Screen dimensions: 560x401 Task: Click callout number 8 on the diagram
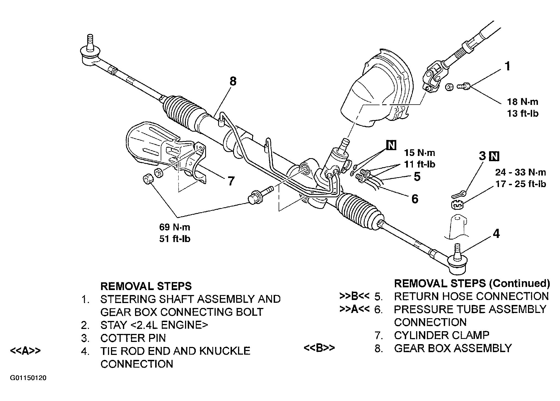coord(233,82)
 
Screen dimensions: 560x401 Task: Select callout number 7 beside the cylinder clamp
coord(231,181)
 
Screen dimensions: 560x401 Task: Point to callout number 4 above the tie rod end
coord(496,234)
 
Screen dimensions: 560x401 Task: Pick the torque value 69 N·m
coord(175,227)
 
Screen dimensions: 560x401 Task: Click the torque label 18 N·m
coord(522,102)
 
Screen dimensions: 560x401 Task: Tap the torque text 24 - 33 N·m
coord(521,172)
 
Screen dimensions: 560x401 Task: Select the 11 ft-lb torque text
coord(419,164)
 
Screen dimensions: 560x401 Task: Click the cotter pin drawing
coord(458,195)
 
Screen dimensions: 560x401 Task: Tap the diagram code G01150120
coord(28,378)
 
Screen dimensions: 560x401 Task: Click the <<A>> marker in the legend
coord(25,351)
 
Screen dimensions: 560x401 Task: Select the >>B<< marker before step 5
coord(355,296)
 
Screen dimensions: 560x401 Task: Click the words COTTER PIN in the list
coord(133,338)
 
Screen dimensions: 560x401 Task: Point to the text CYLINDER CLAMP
coord(442,335)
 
